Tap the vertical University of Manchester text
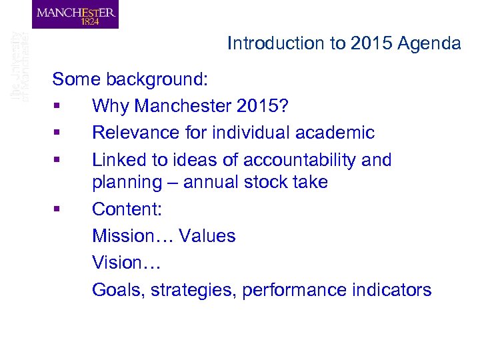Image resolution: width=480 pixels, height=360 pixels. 20,67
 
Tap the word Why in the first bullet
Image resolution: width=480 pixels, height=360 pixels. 109,107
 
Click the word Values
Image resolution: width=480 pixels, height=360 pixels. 206,236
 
